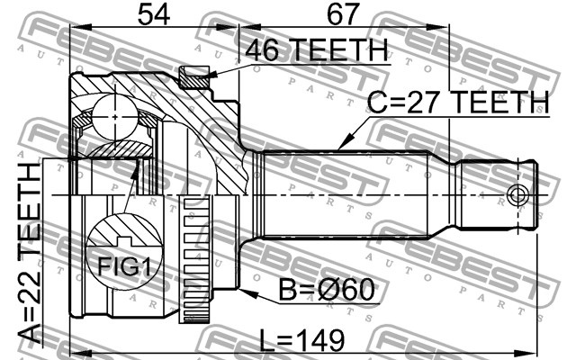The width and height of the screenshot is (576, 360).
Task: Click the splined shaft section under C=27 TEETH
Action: [x=351, y=194]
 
